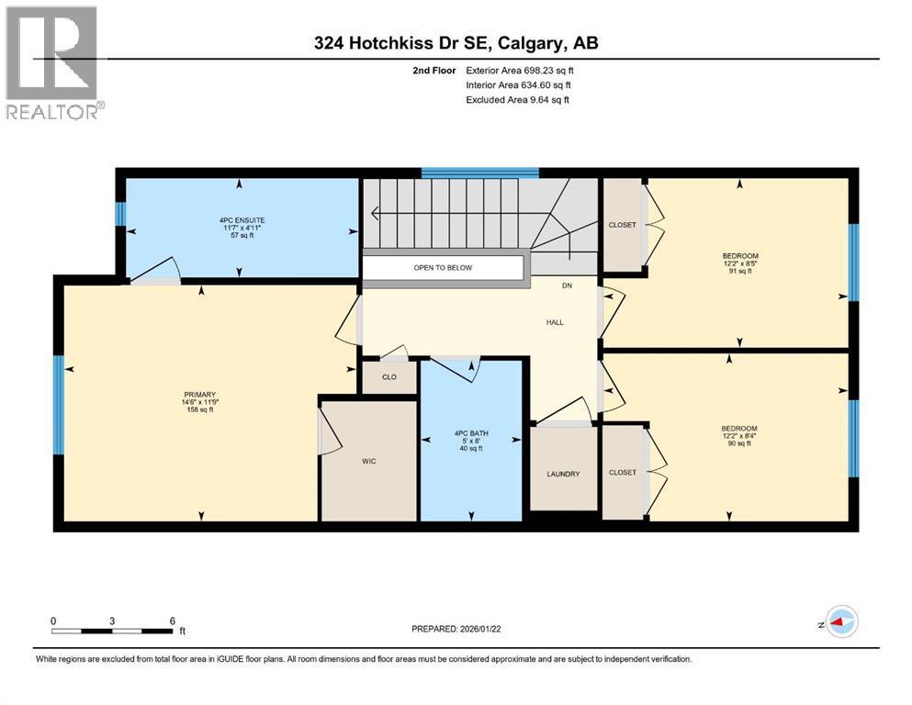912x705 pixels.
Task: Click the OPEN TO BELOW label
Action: (443, 268)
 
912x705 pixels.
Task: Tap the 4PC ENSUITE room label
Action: (242, 220)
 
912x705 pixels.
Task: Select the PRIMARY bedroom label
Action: (199, 395)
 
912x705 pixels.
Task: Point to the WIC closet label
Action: (369, 462)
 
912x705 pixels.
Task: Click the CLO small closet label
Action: (389, 377)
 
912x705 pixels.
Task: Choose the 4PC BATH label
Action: (471, 433)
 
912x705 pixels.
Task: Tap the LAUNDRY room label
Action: (563, 475)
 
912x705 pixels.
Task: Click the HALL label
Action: (555, 322)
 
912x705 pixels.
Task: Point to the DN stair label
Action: (567, 286)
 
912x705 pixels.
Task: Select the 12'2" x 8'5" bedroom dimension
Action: (740, 263)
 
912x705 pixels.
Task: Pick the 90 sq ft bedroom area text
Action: (739, 443)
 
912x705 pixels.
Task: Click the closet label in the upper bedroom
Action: (623, 225)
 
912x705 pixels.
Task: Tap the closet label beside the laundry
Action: (623, 473)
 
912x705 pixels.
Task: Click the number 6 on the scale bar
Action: (172, 621)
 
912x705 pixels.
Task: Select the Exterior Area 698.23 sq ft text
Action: (520, 71)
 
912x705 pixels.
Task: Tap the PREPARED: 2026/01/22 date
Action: (456, 629)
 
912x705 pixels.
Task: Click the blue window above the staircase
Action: (479, 173)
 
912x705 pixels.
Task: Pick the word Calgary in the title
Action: (531, 43)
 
